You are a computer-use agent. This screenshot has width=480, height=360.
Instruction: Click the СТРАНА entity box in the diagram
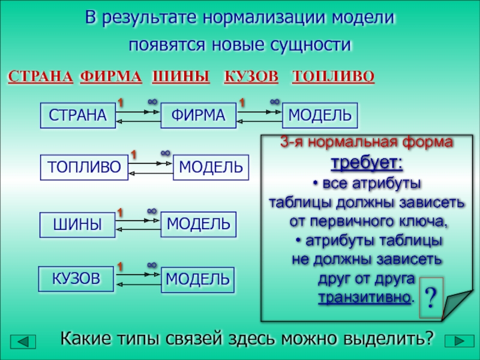[x=77, y=116]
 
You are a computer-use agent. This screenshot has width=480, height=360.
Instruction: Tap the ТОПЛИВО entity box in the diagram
[x=85, y=167]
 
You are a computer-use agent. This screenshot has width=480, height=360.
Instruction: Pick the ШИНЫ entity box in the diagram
[x=77, y=224]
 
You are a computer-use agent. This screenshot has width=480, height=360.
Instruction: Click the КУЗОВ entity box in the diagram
[x=76, y=278]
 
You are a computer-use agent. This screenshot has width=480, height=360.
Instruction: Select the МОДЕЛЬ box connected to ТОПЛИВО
[x=211, y=167]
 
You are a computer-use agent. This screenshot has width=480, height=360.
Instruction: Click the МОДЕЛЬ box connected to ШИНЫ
[x=199, y=224]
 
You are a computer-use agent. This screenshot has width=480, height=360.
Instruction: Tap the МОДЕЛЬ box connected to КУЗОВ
[x=198, y=280]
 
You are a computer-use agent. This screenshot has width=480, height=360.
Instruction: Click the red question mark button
[x=430, y=297]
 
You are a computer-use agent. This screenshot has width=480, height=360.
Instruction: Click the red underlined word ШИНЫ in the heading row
[x=181, y=76]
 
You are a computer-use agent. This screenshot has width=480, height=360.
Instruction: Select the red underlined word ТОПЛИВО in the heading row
[x=333, y=76]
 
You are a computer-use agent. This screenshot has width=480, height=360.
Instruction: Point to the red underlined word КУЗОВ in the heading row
[x=251, y=76]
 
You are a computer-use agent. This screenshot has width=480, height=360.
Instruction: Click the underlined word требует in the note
[x=367, y=164]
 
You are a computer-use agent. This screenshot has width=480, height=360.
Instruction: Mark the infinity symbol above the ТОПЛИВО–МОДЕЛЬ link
[x=166, y=155]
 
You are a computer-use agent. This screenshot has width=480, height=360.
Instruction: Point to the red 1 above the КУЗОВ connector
[x=120, y=265]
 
